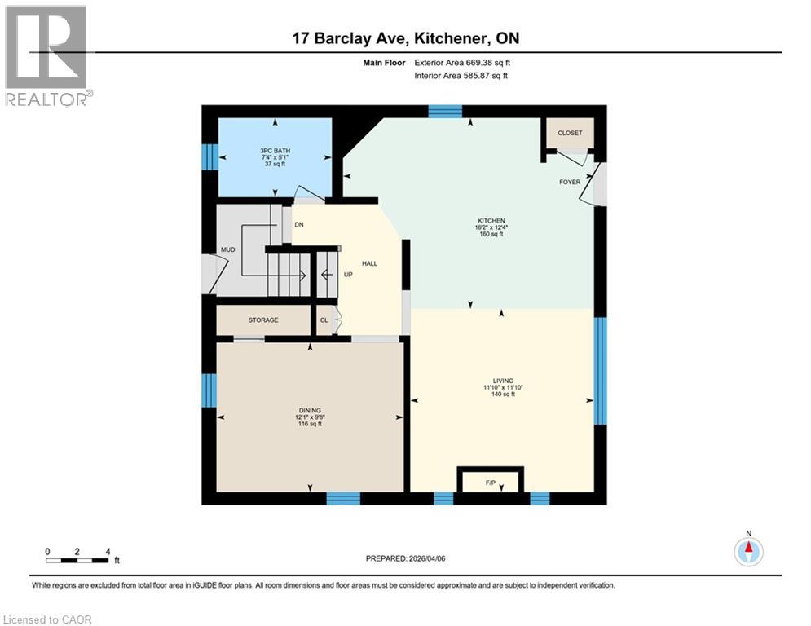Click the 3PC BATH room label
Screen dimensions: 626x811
275,151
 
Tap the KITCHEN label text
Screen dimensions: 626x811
491,221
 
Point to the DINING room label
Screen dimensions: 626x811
309,410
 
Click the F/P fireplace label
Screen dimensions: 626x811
491,484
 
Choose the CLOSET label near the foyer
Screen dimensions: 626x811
570,133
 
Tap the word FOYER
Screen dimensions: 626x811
570,182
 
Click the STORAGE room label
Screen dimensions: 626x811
263,320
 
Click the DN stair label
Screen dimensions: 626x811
299,225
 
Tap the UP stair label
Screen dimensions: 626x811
347,275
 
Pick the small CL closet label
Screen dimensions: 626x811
324,320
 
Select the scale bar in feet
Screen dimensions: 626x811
78,559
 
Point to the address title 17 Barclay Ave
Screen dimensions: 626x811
405,37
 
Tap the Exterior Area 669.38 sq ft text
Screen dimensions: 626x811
462,62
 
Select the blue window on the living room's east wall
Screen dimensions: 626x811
601,371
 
